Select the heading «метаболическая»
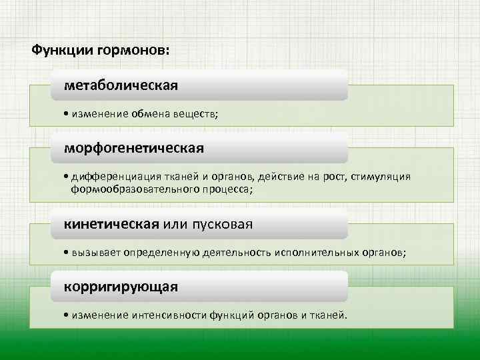pyautogui.click(x=121, y=86)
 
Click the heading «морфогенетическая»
pyautogui.click(x=133, y=147)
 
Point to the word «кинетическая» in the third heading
pyautogui.click(x=111, y=224)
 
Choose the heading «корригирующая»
pyautogui.click(x=121, y=287)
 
